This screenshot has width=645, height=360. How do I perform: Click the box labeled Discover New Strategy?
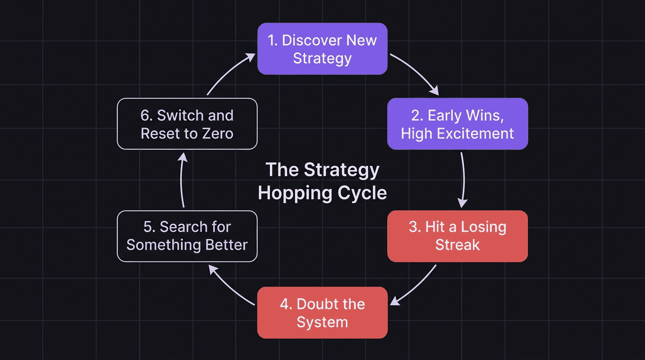(x=322, y=49)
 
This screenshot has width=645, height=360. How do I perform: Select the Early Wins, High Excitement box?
(x=457, y=124)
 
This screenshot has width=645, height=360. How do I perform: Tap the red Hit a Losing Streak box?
(x=457, y=236)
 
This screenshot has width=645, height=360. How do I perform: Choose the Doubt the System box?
(x=322, y=313)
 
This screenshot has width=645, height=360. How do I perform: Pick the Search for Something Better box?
(x=187, y=236)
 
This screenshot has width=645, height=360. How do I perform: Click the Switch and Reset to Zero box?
(x=187, y=124)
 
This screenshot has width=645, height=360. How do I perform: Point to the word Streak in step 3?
(x=457, y=245)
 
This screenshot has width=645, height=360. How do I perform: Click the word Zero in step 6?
(x=216, y=133)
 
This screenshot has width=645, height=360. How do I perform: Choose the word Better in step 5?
(x=226, y=245)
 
